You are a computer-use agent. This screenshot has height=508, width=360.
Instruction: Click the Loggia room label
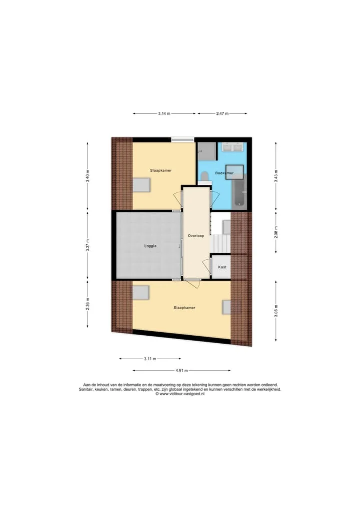[150, 246]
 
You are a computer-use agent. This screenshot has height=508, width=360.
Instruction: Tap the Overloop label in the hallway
[196, 236]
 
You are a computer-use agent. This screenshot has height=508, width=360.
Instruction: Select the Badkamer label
[224, 173]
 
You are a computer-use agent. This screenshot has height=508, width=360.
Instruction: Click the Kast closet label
[222, 267]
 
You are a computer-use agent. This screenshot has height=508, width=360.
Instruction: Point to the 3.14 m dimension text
[164, 114]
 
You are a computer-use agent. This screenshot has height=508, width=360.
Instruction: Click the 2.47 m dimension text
[222, 114]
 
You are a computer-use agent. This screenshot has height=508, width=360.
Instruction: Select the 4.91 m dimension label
[181, 370]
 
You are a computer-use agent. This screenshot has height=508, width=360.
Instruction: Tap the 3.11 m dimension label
[150, 359]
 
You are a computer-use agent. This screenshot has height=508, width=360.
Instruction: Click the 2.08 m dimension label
[276, 233]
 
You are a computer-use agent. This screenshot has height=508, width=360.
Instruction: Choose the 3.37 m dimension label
[87, 245]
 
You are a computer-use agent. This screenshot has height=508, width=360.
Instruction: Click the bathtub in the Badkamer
[239, 192]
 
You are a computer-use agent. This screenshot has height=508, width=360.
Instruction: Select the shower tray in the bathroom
[207, 151]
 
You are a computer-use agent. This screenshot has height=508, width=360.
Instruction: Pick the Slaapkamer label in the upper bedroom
[161, 170]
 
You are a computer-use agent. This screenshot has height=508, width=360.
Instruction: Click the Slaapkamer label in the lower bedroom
[184, 308]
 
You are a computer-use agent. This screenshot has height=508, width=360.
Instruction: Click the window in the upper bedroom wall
[183, 140]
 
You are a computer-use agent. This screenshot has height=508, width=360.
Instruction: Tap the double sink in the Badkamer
[233, 147]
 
